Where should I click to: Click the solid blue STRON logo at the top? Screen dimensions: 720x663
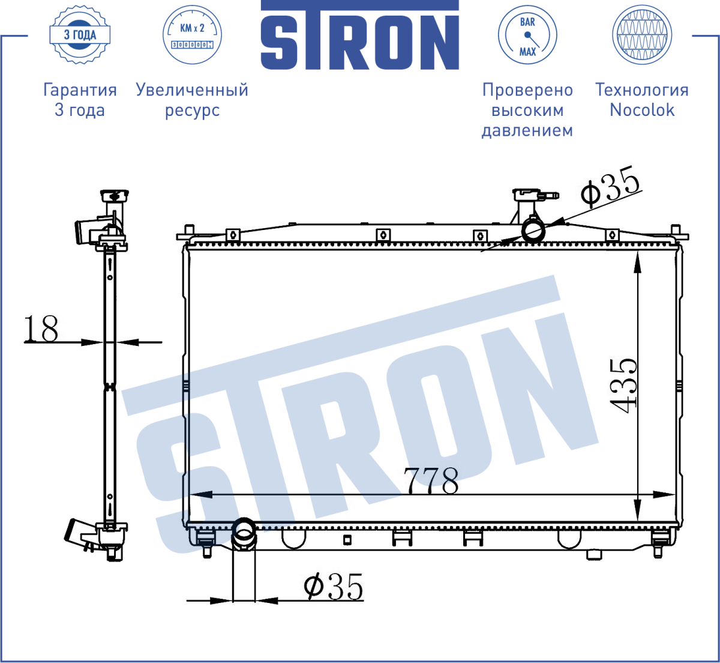(359, 35)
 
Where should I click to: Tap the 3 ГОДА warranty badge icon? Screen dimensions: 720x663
(80, 35)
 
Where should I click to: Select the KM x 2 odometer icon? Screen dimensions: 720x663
(193, 35)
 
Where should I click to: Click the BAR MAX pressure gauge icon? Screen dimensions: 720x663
(527, 35)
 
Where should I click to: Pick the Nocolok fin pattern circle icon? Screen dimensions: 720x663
(642, 35)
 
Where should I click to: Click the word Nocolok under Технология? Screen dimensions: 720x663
(642, 110)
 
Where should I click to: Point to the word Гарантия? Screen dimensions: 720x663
(80, 90)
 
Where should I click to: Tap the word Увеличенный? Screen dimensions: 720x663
(192, 90)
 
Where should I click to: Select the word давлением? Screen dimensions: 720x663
(527, 131)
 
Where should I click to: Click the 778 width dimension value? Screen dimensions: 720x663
(431, 480)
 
